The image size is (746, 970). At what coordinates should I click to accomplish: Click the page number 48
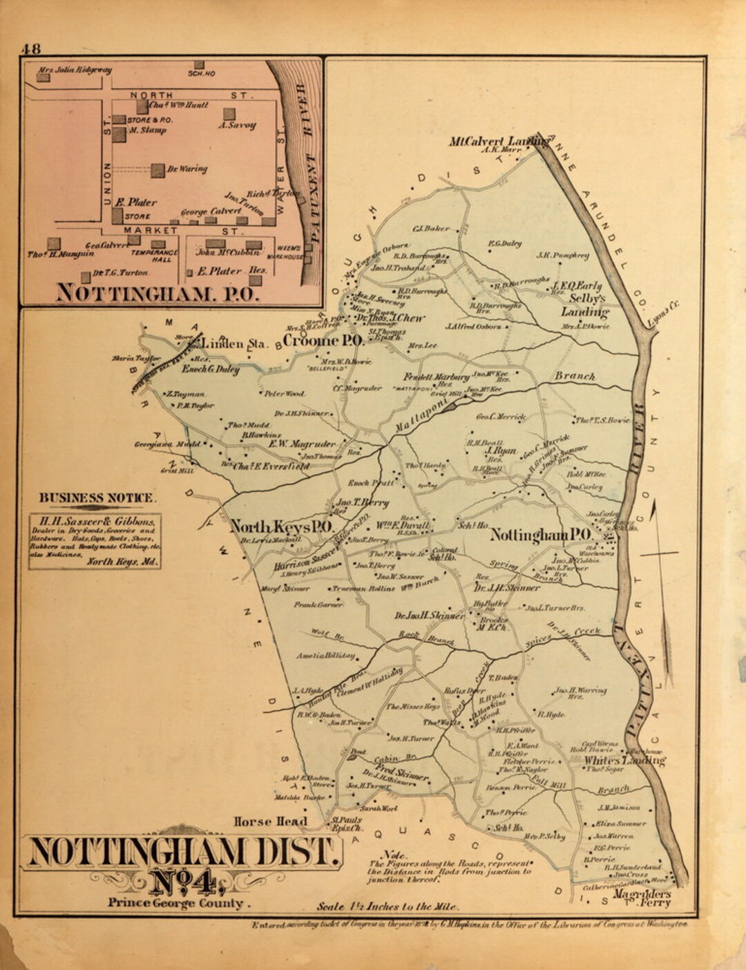31,49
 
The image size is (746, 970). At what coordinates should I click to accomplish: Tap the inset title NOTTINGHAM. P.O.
157,292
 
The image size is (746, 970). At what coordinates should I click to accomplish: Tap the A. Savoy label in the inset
238,126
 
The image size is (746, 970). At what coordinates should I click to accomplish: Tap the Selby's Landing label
586,305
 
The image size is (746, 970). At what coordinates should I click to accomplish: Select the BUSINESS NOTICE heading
97,497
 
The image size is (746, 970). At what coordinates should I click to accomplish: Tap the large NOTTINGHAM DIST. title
184,852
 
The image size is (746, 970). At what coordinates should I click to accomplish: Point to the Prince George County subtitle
175,903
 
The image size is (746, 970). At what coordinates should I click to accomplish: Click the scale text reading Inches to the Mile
387,906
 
